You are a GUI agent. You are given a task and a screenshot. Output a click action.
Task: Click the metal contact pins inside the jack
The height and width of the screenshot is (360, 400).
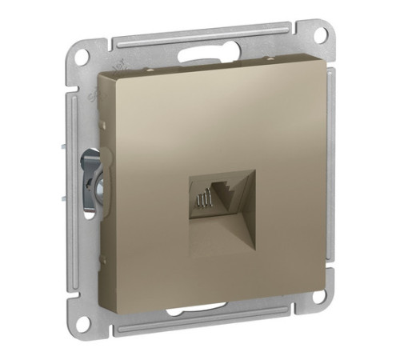click(x=203, y=196)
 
